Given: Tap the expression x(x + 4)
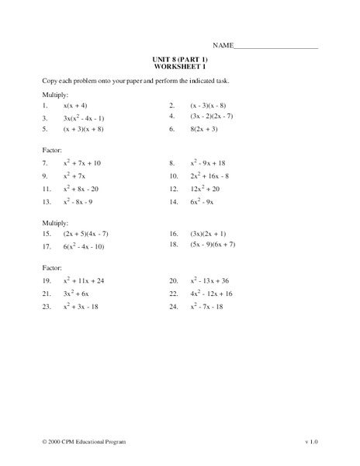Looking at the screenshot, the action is [x=76, y=105].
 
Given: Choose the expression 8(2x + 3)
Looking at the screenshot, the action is [x=208, y=130].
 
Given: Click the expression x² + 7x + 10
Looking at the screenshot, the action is [x=82, y=164].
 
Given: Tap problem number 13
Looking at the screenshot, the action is [x=47, y=202].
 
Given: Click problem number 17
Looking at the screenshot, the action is [x=47, y=247].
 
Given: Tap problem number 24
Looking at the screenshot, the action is [x=174, y=307].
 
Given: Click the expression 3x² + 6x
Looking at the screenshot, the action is [x=77, y=294].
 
